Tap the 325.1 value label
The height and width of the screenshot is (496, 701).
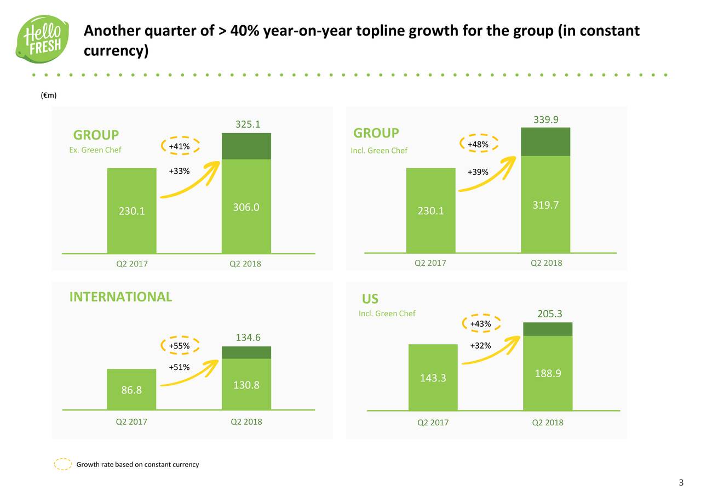pyautogui.click(x=248, y=124)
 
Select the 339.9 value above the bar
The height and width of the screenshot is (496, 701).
pyautogui.click(x=546, y=120)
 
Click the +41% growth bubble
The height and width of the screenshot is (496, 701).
pyautogui.click(x=180, y=146)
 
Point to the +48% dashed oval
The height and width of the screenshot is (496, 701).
pyautogui.click(x=479, y=144)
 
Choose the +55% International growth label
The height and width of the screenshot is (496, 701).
pyautogui.click(x=180, y=346)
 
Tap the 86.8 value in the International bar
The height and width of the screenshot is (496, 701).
pyautogui.click(x=131, y=390)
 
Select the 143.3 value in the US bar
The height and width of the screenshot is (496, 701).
pyautogui.click(x=433, y=378)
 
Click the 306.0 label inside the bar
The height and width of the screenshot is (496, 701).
pyautogui.click(x=246, y=207)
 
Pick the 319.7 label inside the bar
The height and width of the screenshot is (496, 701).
pyautogui.click(x=545, y=205)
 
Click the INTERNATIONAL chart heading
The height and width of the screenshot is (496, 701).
pyautogui.click(x=120, y=297)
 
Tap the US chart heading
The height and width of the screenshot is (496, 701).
pyautogui.click(x=370, y=299)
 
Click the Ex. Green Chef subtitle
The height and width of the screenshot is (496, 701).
pyautogui.click(x=95, y=150)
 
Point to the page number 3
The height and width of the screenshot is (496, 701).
pyautogui.click(x=681, y=483)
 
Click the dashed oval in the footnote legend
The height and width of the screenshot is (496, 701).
pyautogui.click(x=63, y=464)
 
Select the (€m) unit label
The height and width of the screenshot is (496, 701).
pyautogui.click(x=49, y=95)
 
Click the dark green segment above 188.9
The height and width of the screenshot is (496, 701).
pyautogui.click(x=548, y=329)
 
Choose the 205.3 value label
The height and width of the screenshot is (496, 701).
pyautogui.click(x=549, y=314)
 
